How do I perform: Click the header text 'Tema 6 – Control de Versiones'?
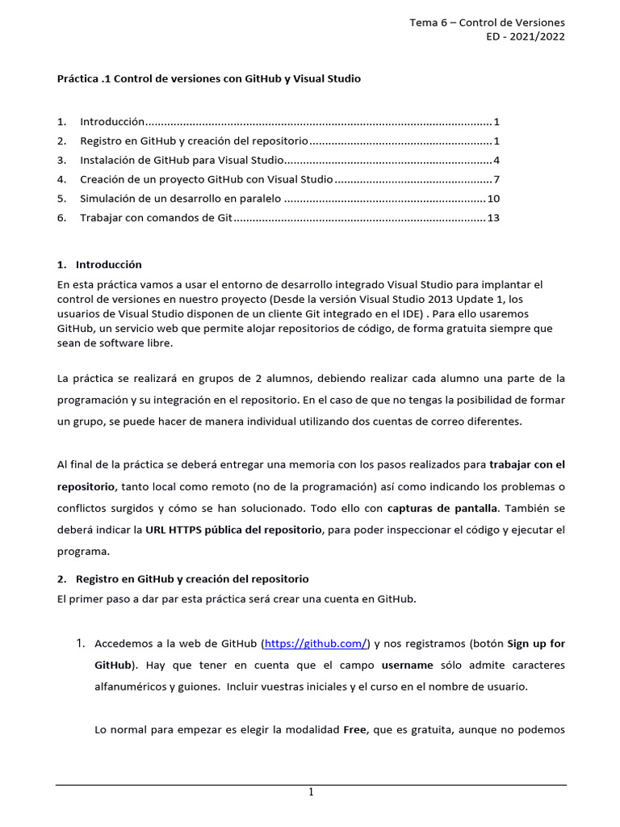tap(487, 22)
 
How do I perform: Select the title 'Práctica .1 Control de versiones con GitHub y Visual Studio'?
tap(209, 78)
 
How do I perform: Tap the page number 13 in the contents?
tap(494, 218)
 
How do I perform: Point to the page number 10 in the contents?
tap(494, 199)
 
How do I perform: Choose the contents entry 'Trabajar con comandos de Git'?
tap(156, 218)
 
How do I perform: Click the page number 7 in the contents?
tap(497, 179)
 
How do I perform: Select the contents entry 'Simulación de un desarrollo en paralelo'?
tap(180, 199)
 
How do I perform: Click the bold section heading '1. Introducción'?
tap(100, 264)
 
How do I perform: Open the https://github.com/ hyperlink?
tap(316, 644)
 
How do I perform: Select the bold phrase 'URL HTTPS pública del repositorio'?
tap(233, 530)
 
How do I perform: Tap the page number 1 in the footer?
tap(311, 793)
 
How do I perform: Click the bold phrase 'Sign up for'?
tap(536, 644)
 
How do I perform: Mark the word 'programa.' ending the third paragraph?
tap(82, 551)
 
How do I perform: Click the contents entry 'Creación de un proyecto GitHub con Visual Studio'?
tap(206, 179)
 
